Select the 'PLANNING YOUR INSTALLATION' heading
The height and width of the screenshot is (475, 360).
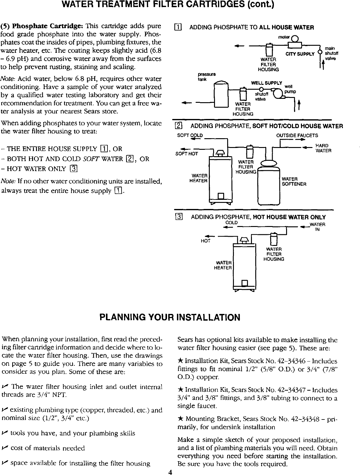tap(170, 318)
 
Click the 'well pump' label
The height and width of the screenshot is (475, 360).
tap(289, 89)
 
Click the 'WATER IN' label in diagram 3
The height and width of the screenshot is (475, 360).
tap(317, 227)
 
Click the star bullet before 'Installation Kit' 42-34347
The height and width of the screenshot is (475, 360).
tap(180, 390)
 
